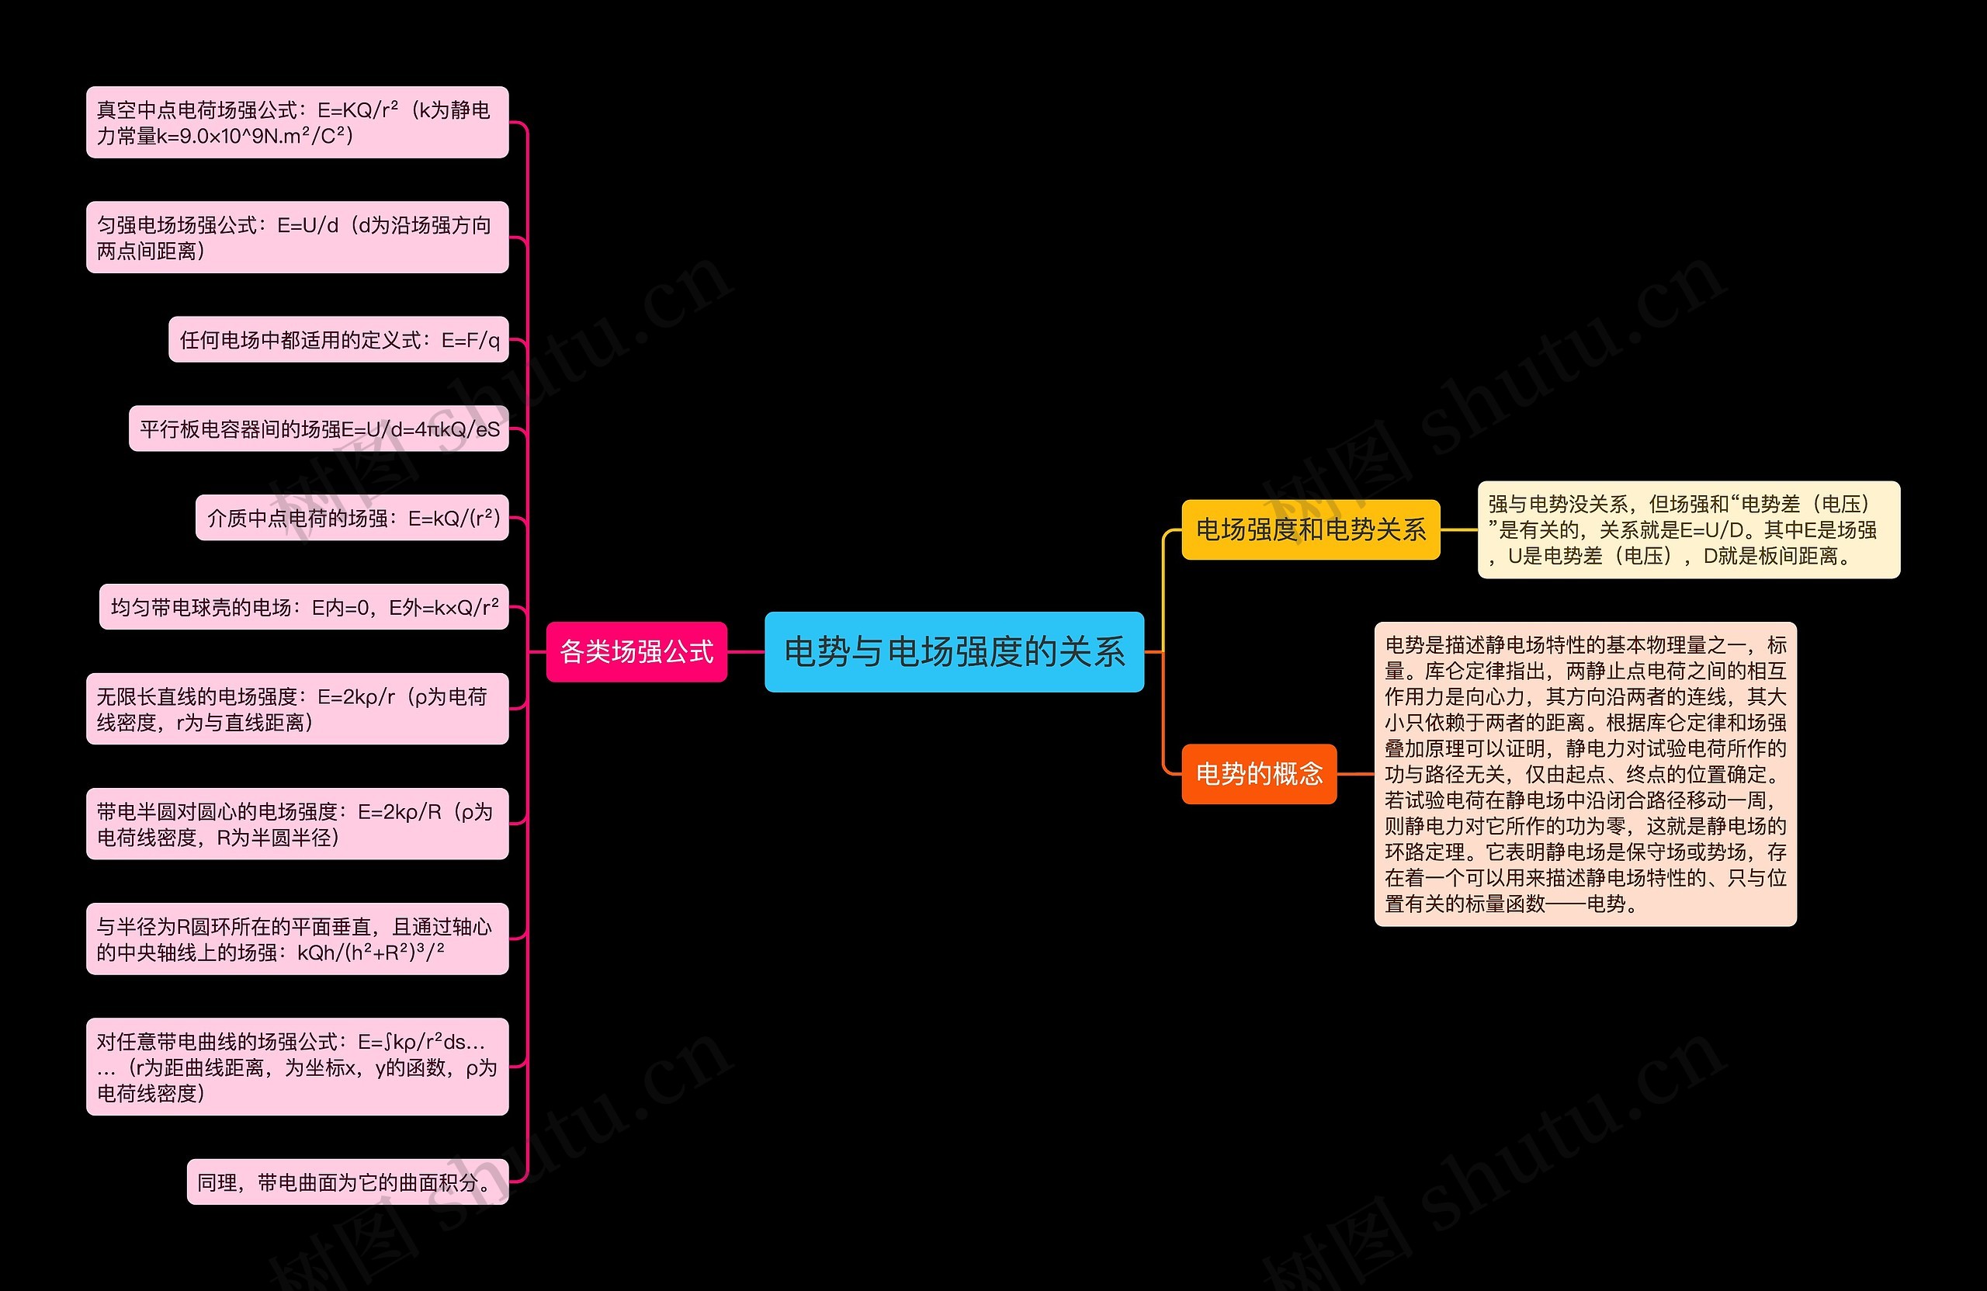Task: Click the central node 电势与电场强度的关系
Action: coord(953,651)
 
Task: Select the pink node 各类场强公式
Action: coord(636,651)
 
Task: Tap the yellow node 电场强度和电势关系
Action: coord(1310,529)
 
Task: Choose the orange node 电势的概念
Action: coord(1258,773)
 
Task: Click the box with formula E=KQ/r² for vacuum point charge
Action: coord(297,122)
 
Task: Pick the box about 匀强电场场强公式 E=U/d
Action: coord(297,237)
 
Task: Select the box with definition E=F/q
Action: coord(338,339)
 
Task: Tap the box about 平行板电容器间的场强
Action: coord(318,429)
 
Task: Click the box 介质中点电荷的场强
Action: coord(352,518)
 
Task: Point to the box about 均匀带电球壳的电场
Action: coord(304,606)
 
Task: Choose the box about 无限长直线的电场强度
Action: coord(297,709)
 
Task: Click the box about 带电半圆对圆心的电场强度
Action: coord(297,824)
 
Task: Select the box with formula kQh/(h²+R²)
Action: coord(297,939)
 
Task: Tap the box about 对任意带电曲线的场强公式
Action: coord(297,1067)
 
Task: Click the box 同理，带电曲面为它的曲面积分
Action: coord(347,1182)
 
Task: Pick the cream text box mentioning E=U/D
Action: coord(1688,529)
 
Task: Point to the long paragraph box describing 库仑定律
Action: coord(1585,773)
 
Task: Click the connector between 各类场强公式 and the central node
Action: coord(746,651)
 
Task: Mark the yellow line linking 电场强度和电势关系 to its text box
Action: coord(1458,529)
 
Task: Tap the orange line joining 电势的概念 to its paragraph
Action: coord(1355,773)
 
